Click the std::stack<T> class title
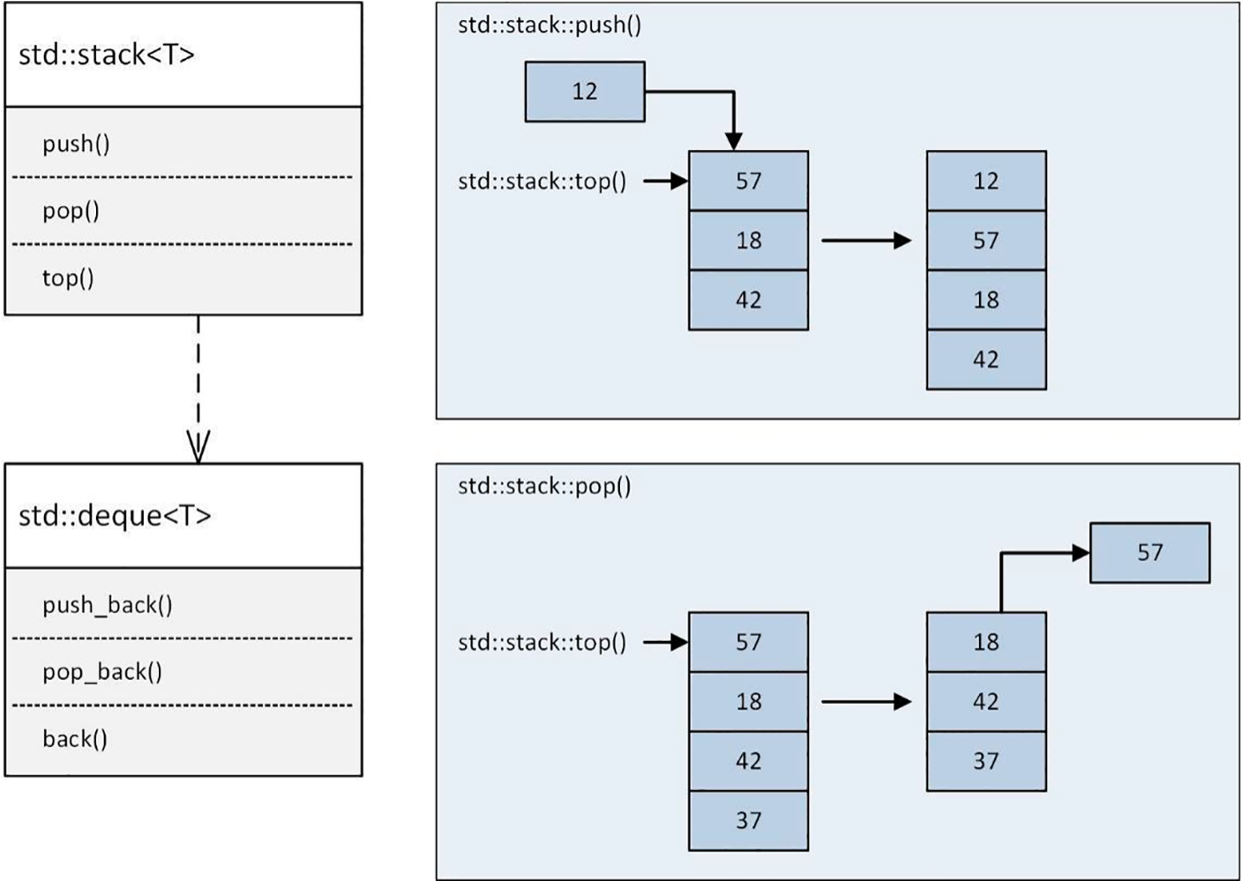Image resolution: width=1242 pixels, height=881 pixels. tap(106, 55)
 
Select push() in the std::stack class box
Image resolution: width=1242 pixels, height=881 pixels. tap(76, 144)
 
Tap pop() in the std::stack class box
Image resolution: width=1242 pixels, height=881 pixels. tap(71, 211)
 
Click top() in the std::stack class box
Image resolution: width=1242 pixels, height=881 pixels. tap(68, 278)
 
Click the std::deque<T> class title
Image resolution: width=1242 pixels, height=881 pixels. tap(115, 515)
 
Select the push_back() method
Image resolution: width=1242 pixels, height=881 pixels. tap(107, 605)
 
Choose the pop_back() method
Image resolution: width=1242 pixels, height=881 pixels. tap(101, 672)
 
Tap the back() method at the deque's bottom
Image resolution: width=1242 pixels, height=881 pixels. tap(75, 739)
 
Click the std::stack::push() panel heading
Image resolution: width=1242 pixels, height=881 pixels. tap(549, 25)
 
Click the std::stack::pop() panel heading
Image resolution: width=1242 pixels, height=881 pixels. tap(544, 486)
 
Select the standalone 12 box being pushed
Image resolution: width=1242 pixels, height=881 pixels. tap(584, 92)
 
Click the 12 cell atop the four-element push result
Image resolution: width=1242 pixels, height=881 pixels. tap(985, 181)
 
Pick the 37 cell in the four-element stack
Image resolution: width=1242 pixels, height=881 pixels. tap(748, 821)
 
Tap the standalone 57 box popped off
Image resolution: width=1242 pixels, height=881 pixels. tap(1149, 553)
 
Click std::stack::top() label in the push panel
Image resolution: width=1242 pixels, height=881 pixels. tap(542, 182)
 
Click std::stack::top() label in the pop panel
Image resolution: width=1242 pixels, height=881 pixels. tap(542, 643)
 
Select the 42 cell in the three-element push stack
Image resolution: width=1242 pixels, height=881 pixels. tap(748, 300)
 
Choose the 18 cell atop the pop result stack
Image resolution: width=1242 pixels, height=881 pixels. tap(985, 642)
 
